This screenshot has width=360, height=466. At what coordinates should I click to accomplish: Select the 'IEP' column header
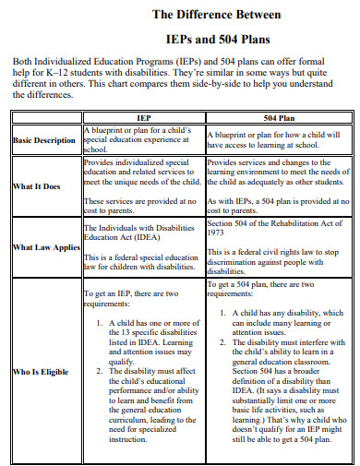(143, 119)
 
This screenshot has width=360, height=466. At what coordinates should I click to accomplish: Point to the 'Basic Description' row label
(44, 140)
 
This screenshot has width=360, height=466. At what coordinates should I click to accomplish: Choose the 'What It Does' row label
(37, 186)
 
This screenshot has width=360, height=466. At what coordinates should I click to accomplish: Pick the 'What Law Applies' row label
(42, 247)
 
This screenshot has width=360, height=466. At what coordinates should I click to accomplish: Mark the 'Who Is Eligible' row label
(42, 372)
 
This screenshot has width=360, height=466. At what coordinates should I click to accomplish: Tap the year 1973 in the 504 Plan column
(217, 233)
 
